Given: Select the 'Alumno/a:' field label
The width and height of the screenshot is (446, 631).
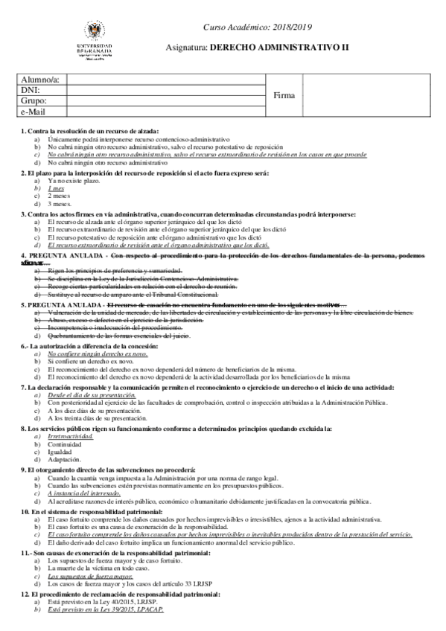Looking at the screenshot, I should pos(40,80).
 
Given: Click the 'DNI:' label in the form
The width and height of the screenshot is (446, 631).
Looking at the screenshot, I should pos(31,90).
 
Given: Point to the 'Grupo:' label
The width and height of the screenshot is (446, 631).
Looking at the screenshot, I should pos(34,100).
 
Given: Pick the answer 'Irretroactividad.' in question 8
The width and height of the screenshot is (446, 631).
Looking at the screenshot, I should pos(72,438).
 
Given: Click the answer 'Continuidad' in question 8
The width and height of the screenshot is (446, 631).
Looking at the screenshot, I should pos(66,445).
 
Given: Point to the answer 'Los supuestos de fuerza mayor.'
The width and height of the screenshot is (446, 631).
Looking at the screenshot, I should pos(90,577).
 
